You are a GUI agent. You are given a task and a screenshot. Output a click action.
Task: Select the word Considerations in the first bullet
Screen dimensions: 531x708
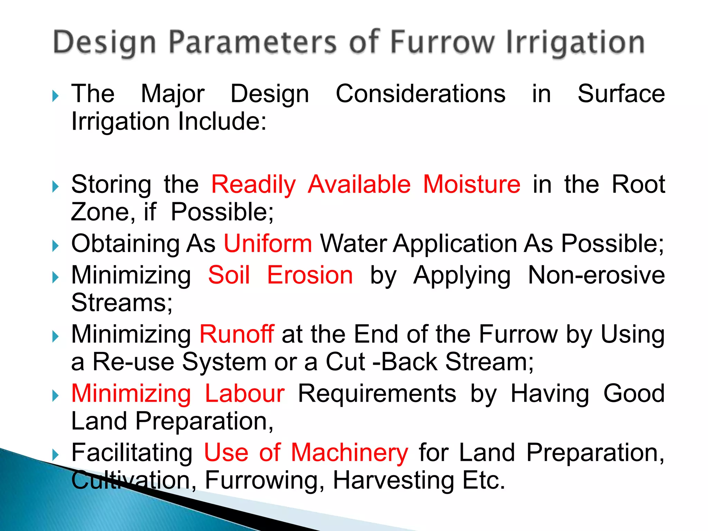point(420,94)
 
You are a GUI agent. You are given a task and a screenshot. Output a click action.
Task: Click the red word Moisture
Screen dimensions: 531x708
point(472,184)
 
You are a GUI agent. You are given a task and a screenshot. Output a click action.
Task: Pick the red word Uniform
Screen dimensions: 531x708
point(268,244)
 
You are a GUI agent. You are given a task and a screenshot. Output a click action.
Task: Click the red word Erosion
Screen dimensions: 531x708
point(310,275)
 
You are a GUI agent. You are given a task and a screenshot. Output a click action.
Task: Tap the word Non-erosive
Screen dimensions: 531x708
point(596,275)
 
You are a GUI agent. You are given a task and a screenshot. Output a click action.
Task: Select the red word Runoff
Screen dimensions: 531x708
point(237,334)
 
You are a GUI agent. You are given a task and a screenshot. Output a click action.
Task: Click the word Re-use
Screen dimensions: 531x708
point(133,362)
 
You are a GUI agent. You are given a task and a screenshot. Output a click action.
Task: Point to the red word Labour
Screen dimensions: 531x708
point(245,393)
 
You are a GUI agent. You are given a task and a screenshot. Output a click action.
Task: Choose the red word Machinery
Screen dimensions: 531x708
point(350,453)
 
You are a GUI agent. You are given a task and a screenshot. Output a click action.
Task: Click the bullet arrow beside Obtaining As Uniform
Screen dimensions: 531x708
point(55,246)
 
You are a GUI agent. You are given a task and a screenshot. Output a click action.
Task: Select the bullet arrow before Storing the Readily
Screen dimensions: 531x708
point(55,187)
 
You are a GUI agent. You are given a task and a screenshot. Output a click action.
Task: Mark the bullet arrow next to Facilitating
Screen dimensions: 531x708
point(55,455)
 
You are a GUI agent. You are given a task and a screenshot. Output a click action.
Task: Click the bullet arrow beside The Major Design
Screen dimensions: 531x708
point(55,96)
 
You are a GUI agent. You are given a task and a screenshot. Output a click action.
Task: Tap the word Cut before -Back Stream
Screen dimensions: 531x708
point(345,362)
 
